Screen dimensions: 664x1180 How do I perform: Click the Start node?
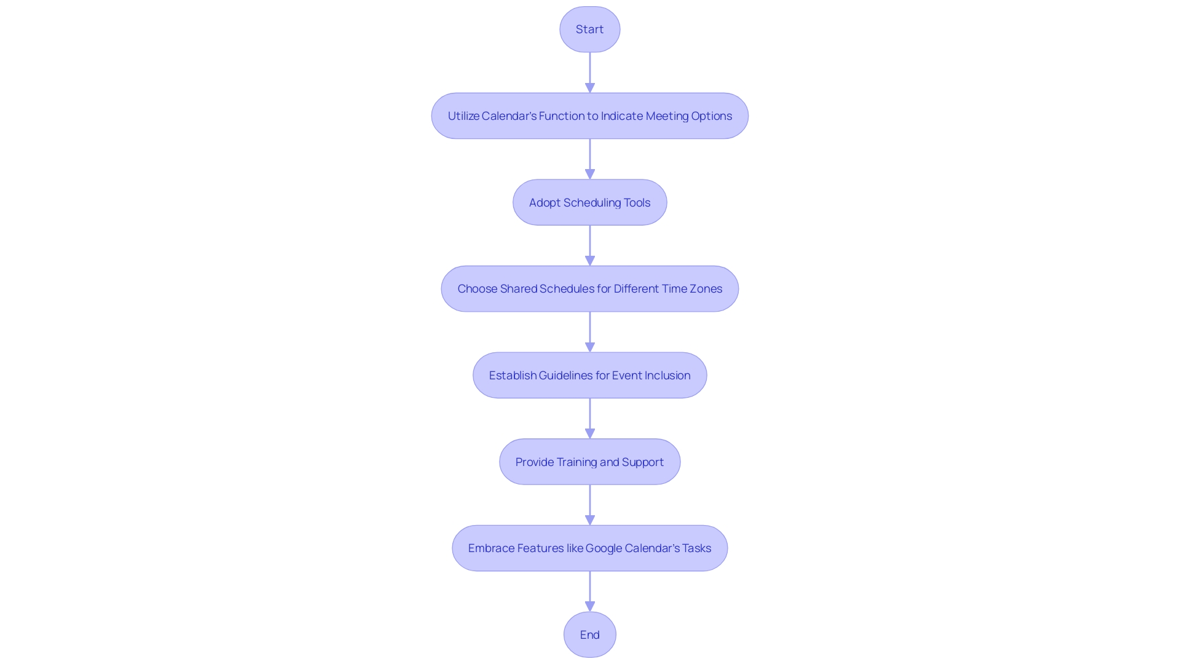coord(589,30)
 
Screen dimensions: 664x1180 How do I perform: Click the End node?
coord(589,634)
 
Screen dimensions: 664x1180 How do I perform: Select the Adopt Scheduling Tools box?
coord(589,202)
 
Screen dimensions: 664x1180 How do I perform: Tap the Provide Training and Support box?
coord(589,462)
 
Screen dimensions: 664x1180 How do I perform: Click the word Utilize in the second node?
coord(463,116)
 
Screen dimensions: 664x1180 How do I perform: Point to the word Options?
coord(711,116)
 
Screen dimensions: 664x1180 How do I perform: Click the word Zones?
coord(706,289)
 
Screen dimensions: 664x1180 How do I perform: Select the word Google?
coord(604,548)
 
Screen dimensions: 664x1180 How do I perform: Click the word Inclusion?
coord(667,376)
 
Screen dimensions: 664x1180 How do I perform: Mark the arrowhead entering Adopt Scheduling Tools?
coord(589,175)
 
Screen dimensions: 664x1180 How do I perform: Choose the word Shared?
coord(519,289)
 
